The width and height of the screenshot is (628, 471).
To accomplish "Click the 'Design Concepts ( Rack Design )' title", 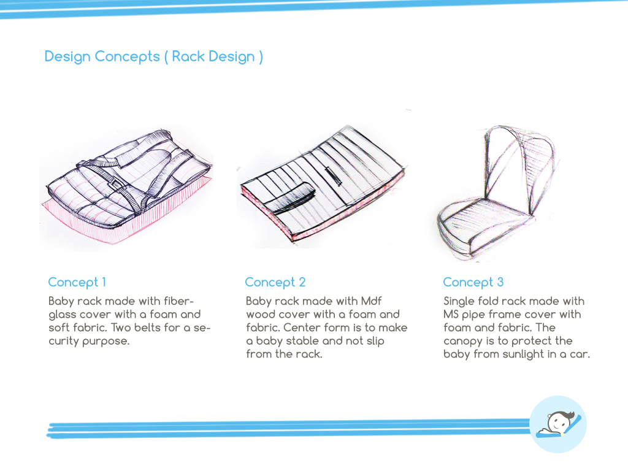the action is click(154, 57).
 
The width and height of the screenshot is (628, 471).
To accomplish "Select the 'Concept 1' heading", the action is click(77, 282).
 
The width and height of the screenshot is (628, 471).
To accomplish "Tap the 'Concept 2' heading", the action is click(275, 282).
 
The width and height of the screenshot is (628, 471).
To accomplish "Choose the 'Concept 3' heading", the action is click(473, 282).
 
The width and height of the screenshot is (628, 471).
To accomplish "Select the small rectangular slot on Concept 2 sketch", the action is click(334, 176).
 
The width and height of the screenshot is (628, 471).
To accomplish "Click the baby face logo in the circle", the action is click(558, 424).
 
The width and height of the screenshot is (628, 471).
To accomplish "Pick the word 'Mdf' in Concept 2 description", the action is click(371, 301).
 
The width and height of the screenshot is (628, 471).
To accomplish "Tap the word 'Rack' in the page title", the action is click(188, 56).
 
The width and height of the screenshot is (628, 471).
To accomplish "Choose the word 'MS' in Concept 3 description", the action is click(451, 315).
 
